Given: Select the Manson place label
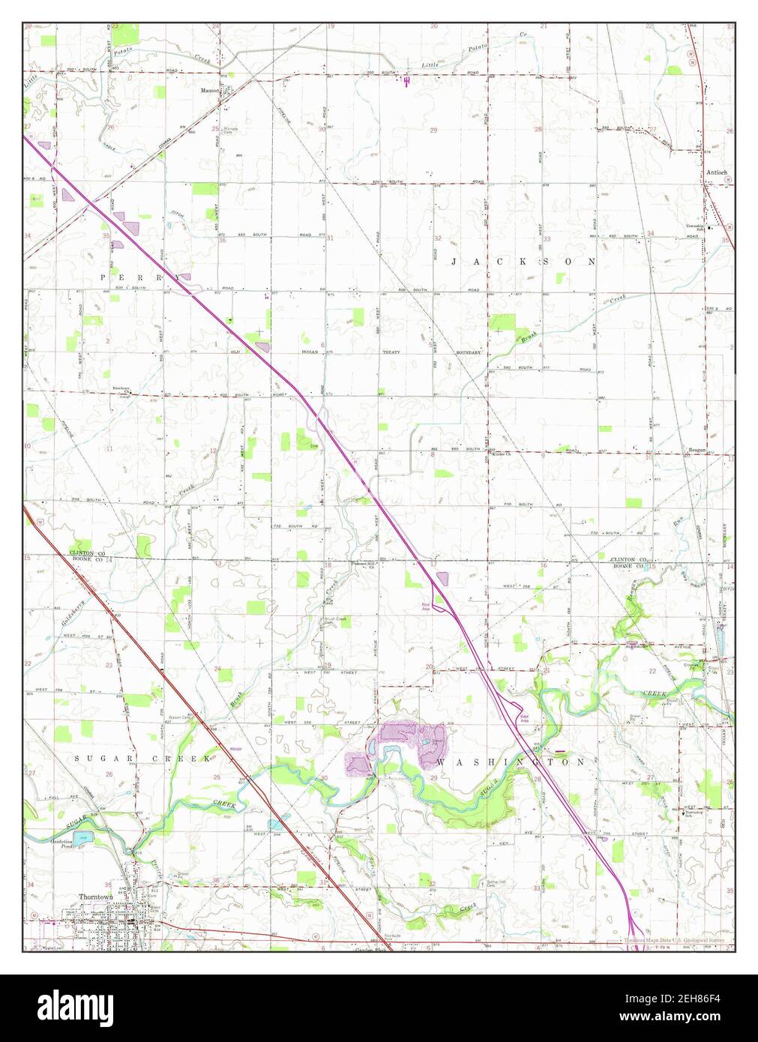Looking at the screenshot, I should click(209, 91).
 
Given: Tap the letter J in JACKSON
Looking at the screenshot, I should click(455, 262).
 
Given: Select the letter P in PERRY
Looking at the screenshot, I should click(105, 277).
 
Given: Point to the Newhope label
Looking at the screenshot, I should click(121, 388).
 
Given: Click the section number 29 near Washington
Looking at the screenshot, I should click(435, 780).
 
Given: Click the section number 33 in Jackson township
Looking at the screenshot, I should click(547, 238).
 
